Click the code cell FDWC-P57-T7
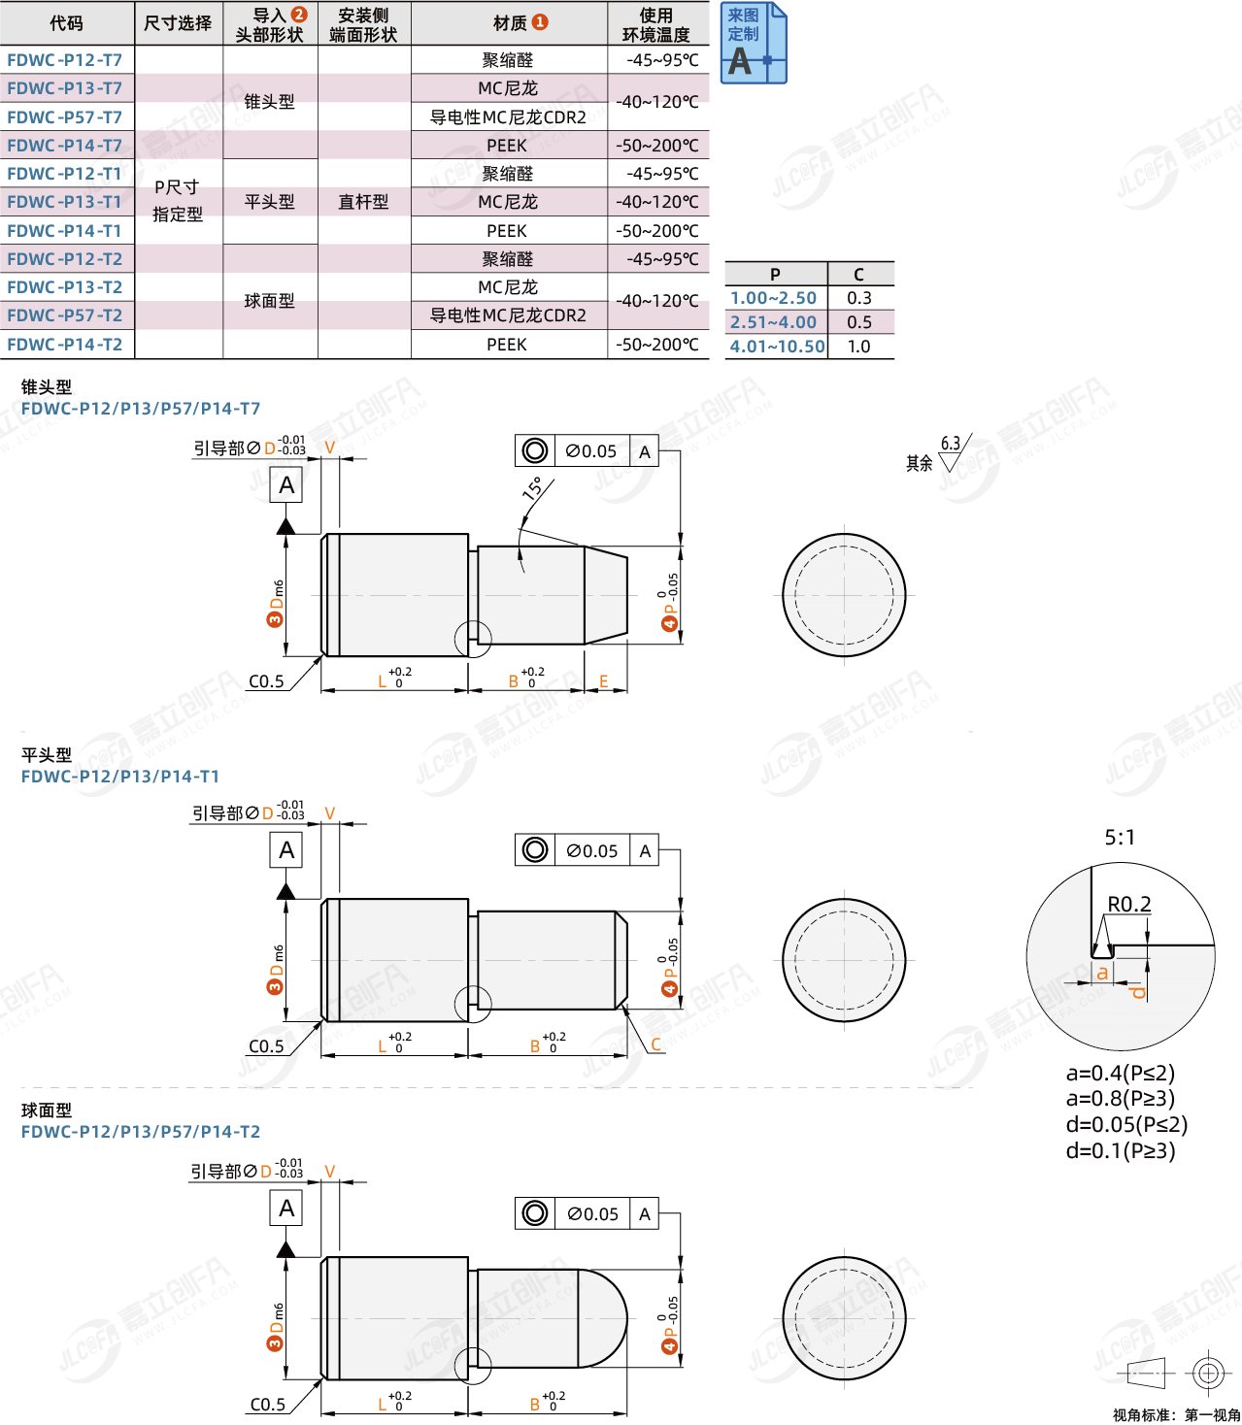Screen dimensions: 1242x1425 pos(65,117)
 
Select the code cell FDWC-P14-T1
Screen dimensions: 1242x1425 pos(65,230)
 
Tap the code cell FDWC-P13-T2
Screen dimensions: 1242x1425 pos(65,287)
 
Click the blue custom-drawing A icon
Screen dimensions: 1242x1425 pos(753,43)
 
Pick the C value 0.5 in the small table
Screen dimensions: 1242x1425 pos(858,322)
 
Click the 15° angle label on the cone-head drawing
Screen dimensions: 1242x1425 pos(533,488)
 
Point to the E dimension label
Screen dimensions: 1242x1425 pos(603,681)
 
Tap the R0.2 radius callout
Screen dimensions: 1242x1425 pos(1129,904)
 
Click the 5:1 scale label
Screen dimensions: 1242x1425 pos(1120,837)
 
